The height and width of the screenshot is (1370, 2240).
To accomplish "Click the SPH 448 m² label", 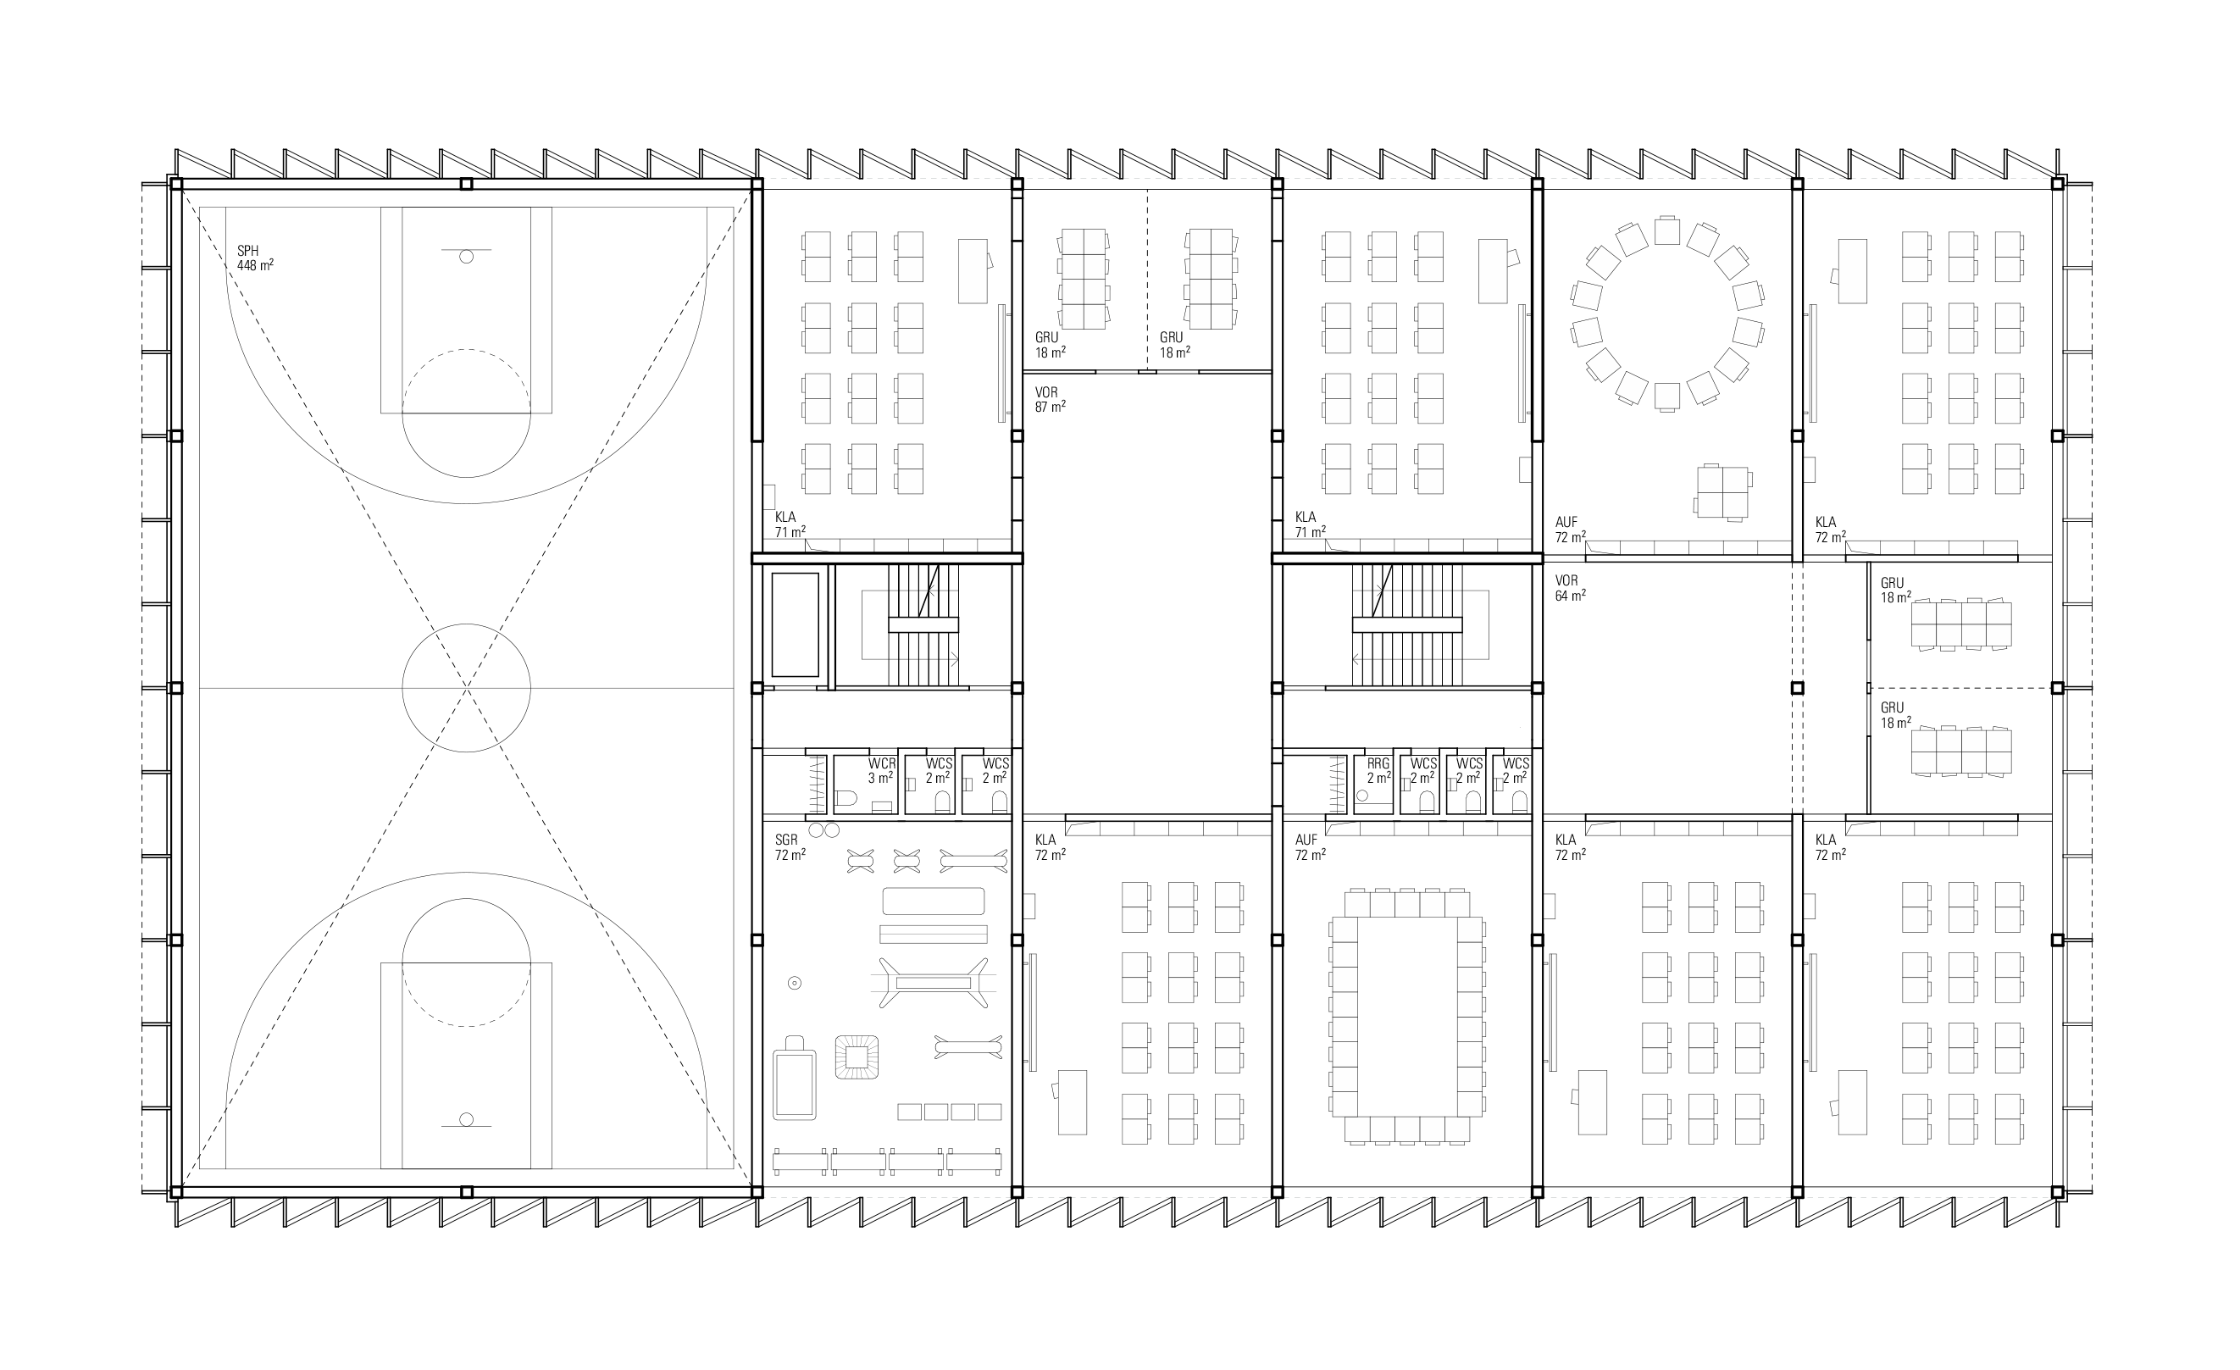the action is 256,258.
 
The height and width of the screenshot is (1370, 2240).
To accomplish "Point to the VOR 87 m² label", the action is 1050,400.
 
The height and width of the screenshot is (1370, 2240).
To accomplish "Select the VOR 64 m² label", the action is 1570,588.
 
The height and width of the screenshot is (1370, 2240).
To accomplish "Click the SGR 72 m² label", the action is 790,848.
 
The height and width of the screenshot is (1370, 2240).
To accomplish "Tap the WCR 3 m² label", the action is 881,771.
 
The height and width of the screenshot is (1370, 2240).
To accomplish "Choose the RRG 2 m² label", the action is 1378,771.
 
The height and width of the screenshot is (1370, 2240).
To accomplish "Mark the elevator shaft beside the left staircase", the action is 796,624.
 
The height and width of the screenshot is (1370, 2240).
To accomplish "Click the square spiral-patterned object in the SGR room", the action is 857,1057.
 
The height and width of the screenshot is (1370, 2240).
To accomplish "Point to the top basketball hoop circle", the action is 466,258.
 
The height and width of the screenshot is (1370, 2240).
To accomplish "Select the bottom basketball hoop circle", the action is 466,1119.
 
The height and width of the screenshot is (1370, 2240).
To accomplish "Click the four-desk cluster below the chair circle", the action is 1722,491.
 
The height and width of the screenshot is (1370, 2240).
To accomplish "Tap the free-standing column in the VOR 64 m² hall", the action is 1797,688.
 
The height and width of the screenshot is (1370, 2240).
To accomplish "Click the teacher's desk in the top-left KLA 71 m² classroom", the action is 973,271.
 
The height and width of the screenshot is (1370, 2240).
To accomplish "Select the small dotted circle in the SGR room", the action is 795,983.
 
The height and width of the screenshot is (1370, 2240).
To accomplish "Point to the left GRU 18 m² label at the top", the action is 1050,345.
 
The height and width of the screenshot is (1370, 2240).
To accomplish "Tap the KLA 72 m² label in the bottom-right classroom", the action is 1830,847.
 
